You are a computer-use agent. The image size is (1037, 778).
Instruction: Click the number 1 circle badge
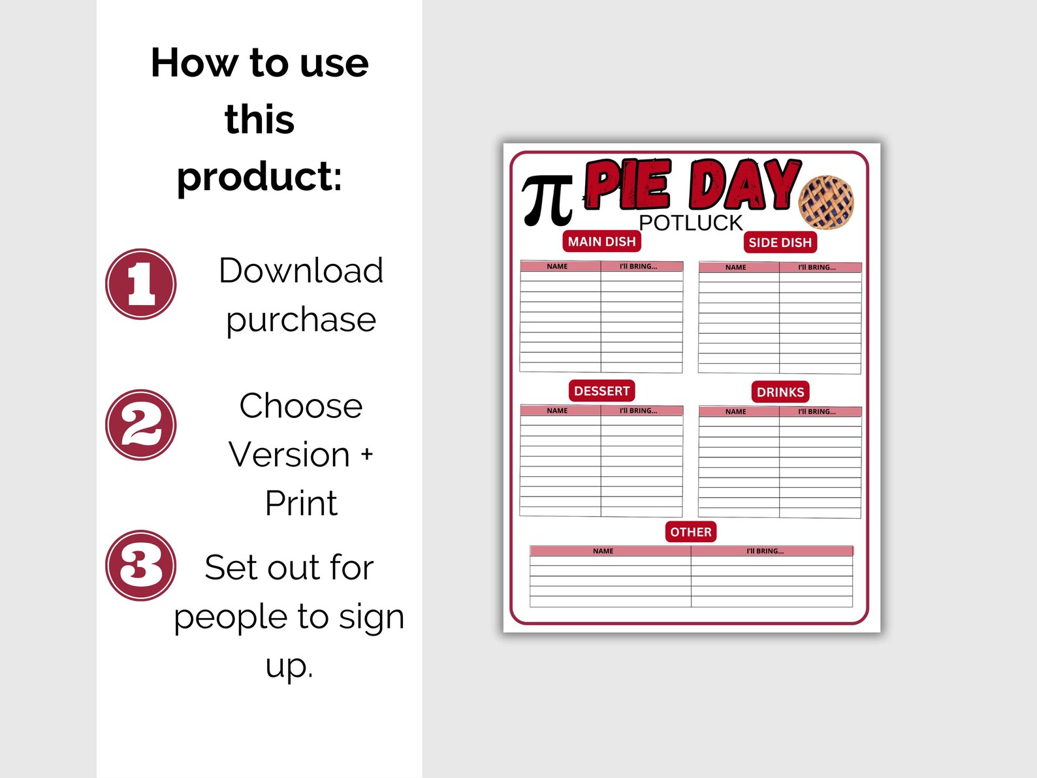140,284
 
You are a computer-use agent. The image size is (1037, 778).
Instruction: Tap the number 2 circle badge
140,425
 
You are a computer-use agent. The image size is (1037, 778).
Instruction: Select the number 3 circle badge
140,566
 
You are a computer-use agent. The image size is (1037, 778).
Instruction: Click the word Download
300,270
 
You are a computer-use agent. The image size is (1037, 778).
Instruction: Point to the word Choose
300,406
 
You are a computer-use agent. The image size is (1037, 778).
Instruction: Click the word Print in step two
301,504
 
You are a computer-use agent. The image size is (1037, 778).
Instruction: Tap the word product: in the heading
259,176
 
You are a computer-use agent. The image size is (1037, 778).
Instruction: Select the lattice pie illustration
826,202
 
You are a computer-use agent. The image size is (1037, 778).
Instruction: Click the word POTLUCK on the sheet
690,223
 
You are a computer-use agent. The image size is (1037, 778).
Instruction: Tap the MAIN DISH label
601,242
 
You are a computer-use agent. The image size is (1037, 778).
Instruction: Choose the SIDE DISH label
780,242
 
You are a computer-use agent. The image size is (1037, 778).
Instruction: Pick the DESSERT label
601,391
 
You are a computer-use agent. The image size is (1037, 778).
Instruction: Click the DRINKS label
780,392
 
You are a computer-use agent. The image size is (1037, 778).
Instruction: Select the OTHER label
691,532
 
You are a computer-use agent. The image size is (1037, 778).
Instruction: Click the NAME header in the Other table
603,551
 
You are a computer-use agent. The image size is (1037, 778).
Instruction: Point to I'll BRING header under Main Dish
638,267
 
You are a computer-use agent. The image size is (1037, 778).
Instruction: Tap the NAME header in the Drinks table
735,412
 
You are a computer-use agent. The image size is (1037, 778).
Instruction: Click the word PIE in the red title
628,186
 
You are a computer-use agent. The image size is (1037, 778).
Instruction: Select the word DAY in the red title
744,186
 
